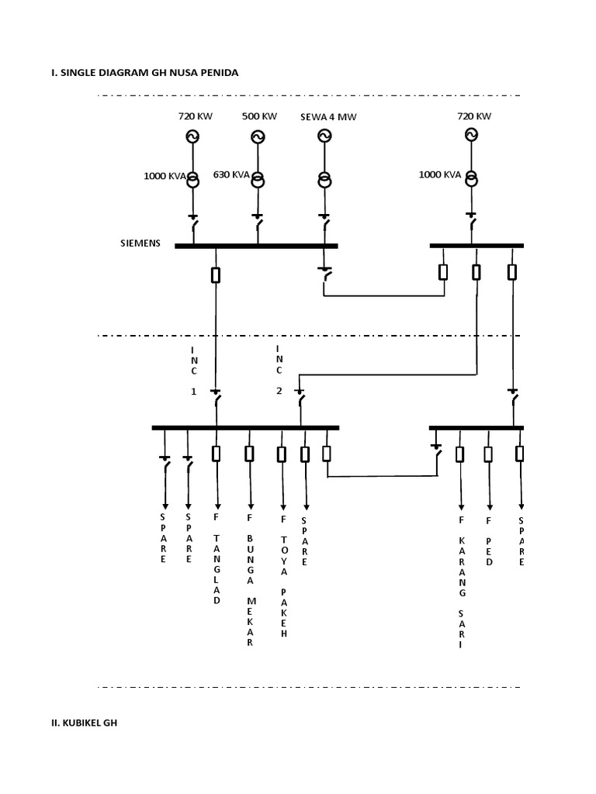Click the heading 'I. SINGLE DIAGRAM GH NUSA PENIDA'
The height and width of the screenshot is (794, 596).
[x=144, y=72]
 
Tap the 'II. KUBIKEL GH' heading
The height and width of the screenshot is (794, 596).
[x=85, y=723]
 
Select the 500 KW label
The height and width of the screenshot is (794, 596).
[x=259, y=116]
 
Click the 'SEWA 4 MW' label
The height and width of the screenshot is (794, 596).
[x=328, y=117]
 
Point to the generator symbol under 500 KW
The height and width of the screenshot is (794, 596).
[x=258, y=137]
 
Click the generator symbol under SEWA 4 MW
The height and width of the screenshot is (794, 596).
[x=324, y=136]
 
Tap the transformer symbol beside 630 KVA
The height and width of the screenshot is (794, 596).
[x=258, y=178]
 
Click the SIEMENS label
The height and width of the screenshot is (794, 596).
[x=140, y=243]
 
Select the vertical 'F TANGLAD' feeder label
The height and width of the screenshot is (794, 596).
[x=217, y=558]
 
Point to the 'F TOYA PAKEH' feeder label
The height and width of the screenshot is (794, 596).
[x=284, y=575]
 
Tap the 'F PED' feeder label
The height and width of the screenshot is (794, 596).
[x=489, y=540]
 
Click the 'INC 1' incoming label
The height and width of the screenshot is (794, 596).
[x=194, y=371]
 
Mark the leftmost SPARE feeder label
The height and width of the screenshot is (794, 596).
[x=163, y=537]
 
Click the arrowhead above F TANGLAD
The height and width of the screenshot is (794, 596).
[x=217, y=504]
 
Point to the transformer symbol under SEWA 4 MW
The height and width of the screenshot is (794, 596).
[x=324, y=180]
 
